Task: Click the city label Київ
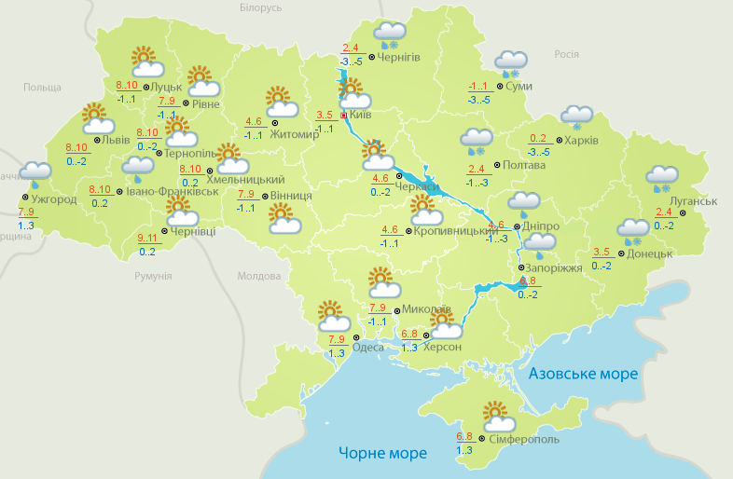[360, 115]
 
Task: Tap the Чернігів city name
[399, 57]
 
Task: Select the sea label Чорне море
[382, 453]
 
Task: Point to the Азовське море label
[583, 374]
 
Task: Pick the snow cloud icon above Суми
[511, 63]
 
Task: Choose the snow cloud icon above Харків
[576, 118]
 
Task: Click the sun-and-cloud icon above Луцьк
[145, 62]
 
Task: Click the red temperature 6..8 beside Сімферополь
[464, 436]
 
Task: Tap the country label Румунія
[153, 277]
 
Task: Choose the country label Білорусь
[260, 8]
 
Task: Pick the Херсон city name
[442, 347]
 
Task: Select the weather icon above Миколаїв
[381, 281]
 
